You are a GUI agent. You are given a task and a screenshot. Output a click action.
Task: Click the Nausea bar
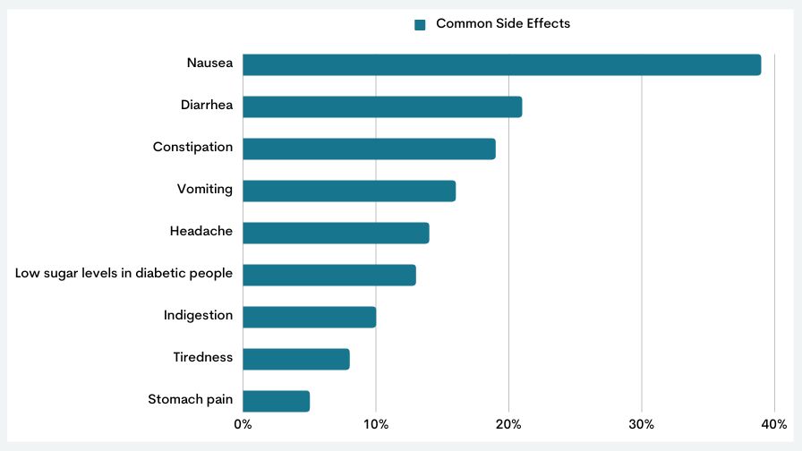coord(501,64)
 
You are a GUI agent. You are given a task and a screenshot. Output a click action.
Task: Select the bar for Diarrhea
coord(382,106)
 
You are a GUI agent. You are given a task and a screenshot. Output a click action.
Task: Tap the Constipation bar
coord(369,149)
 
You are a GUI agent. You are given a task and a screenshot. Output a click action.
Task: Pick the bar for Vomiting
coord(349,191)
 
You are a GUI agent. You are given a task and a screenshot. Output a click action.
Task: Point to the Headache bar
coord(336,233)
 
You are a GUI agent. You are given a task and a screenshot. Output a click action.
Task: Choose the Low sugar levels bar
coord(328,275)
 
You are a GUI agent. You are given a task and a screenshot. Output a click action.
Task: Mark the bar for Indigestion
coord(309,317)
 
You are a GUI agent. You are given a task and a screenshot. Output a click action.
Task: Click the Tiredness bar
coord(295,359)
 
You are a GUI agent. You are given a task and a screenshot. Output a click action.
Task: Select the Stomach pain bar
coord(276,401)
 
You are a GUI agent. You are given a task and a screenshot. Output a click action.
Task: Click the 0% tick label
coord(243,423)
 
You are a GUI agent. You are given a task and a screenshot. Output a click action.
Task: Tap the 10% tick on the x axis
coord(376,423)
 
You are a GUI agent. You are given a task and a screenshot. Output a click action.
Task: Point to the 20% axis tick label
coord(508,423)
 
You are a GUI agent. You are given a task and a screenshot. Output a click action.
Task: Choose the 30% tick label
coord(642,423)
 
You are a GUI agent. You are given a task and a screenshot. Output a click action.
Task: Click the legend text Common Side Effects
coord(503,23)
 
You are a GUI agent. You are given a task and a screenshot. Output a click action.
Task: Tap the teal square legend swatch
coord(420,24)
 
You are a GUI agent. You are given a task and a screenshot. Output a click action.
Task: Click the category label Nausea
coord(209,63)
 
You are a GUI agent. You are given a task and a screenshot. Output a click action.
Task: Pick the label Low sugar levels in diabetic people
coord(124,273)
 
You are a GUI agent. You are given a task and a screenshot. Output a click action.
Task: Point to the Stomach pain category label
coord(190,399)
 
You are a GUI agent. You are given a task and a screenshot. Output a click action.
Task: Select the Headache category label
coord(200,231)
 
